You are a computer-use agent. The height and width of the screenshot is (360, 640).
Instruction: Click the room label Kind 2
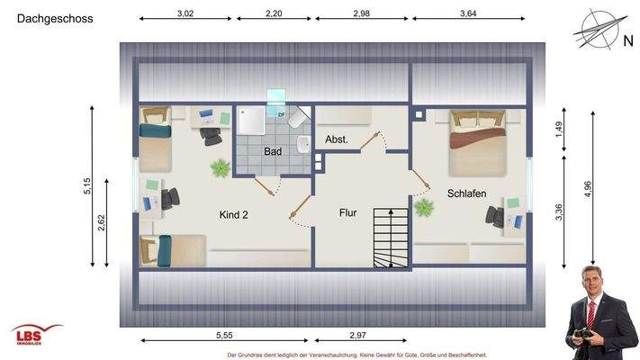coord(233,214)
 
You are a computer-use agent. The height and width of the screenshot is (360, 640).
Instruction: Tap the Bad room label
coord(273,152)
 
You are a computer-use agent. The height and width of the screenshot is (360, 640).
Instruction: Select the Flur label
coord(347,213)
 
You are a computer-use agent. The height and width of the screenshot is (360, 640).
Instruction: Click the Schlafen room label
coord(466,193)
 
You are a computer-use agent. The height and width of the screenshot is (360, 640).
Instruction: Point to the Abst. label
coord(337,139)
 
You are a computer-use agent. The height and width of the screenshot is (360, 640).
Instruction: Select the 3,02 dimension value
coord(185,13)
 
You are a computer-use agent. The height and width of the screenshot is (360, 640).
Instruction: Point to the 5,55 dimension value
coord(224,335)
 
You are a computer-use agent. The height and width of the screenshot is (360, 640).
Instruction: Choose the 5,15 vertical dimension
coord(87,185)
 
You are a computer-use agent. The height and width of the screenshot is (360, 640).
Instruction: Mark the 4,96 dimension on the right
coord(588,187)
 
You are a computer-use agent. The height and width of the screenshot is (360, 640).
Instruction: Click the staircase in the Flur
coord(390,237)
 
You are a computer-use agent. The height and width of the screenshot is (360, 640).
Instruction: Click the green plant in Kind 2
coord(220,167)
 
